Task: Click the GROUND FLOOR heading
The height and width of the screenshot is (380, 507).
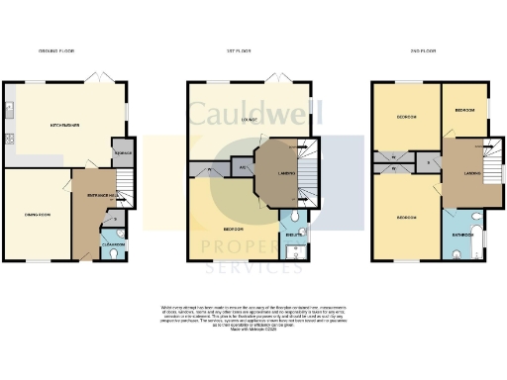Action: pyautogui.click(x=56, y=50)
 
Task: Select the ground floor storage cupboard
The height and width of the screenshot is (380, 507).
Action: pyautogui.click(x=123, y=152)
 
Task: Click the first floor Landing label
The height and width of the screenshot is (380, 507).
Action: pyautogui.click(x=275, y=174)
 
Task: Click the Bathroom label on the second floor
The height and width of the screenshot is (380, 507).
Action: pyautogui.click(x=460, y=236)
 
